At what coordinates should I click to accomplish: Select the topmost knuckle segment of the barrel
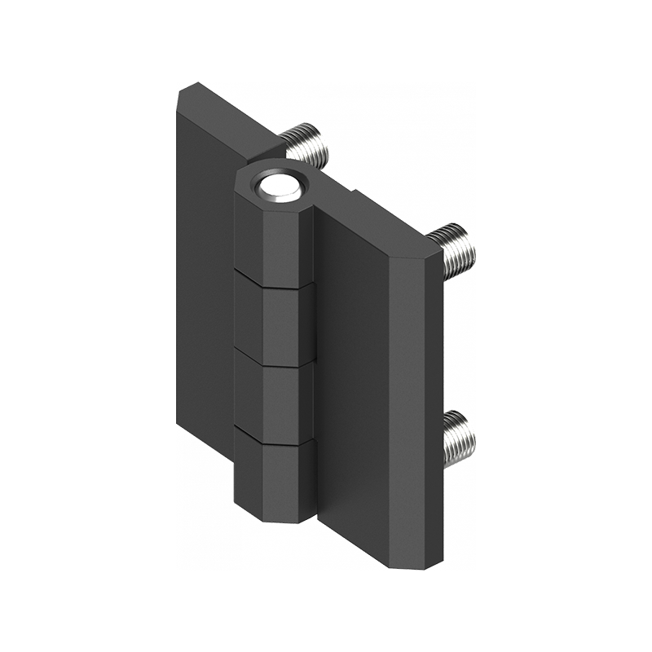click(273, 240)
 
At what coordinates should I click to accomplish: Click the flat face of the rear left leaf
click(204, 285)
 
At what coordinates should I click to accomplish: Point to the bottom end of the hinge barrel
click(277, 518)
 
